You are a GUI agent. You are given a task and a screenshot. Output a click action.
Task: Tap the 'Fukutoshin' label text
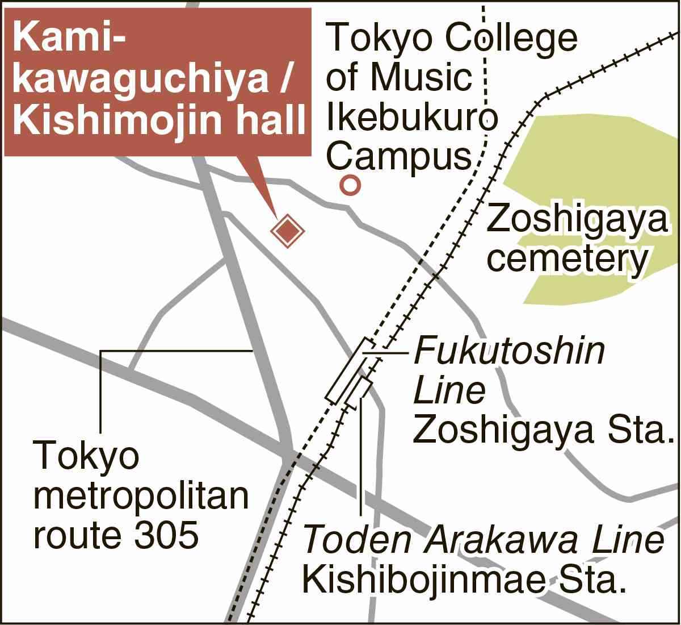coord(509,352)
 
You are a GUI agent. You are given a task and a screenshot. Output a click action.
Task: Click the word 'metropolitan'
coord(142,494)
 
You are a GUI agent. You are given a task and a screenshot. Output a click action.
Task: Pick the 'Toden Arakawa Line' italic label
coord(483,541)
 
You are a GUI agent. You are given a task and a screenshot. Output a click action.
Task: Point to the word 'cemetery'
coord(567,259)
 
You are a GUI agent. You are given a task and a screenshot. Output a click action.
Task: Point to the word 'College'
coord(514,39)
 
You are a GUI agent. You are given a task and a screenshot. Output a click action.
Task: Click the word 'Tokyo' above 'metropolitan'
coord(86,456)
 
